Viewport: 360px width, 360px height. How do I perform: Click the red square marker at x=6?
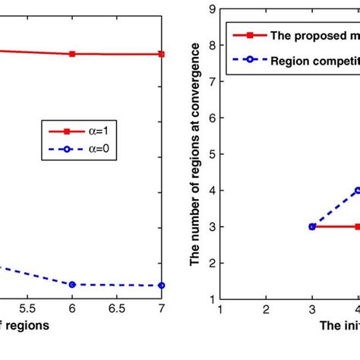point(72,54)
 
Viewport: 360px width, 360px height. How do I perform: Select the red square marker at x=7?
point(162,54)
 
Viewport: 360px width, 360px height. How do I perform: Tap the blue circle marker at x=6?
point(72,284)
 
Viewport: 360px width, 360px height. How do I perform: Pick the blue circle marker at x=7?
point(162,285)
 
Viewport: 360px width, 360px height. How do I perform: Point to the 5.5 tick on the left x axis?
point(27,310)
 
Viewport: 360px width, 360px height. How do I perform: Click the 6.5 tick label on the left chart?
point(117,310)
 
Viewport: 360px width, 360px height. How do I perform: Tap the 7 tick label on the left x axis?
point(162,310)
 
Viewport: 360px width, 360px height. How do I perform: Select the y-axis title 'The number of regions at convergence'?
point(197,154)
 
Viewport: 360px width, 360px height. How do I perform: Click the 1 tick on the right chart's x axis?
point(220,310)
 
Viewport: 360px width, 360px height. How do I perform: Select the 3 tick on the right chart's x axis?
point(312,310)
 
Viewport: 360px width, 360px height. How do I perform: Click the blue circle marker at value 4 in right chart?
point(357,191)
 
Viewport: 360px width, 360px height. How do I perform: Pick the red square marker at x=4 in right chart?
point(357,226)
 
